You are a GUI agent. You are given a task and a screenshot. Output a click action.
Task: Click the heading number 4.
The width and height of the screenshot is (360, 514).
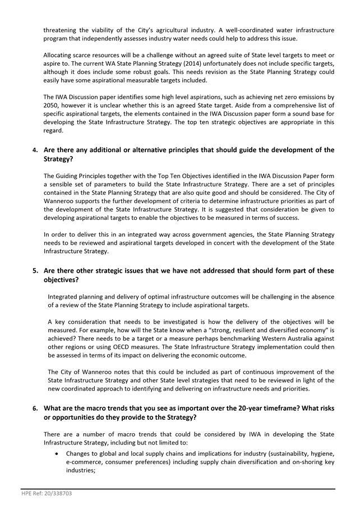[35, 150]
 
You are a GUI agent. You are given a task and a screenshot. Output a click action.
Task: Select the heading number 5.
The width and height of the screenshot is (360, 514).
[35, 270]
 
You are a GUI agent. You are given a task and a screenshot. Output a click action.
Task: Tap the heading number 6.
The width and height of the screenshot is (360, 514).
[35, 409]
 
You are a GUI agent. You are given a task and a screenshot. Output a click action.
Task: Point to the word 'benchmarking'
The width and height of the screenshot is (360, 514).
[248, 338]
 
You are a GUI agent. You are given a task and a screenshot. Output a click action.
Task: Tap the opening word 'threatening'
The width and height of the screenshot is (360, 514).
[62, 30]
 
